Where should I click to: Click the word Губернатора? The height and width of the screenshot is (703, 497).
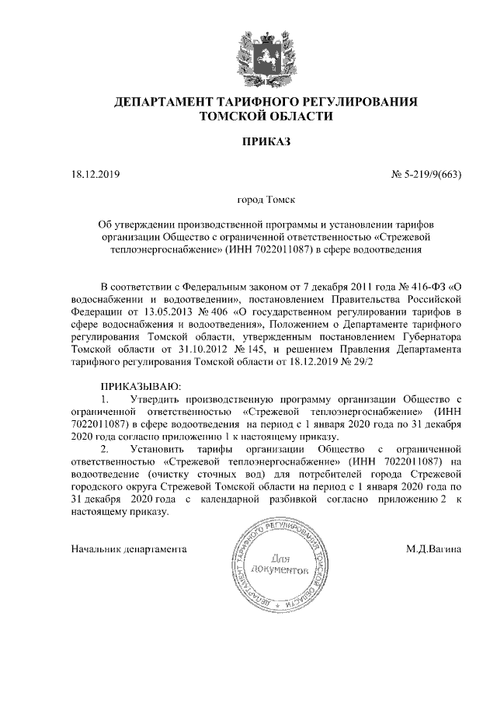point(431,337)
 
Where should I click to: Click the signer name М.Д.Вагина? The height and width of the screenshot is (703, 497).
point(433,549)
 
